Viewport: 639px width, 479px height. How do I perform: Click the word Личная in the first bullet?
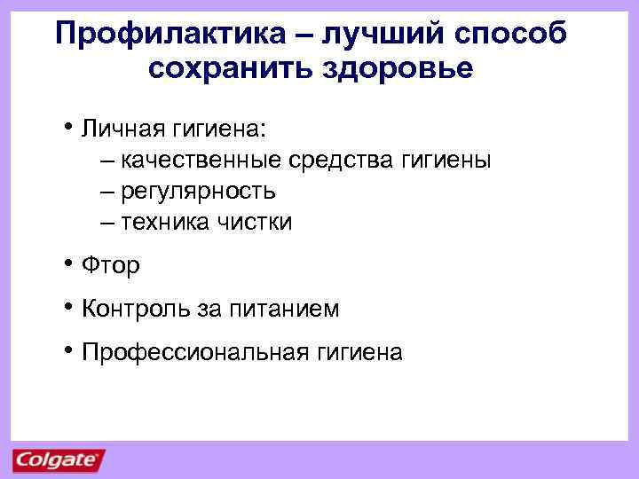121,130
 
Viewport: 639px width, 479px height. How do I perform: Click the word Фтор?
111,265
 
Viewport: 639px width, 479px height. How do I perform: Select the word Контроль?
130,309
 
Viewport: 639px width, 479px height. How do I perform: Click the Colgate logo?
59,459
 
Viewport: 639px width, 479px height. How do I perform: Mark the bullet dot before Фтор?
69,263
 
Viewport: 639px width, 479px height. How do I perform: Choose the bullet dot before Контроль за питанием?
69,307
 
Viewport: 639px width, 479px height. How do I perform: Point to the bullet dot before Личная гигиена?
69,128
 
